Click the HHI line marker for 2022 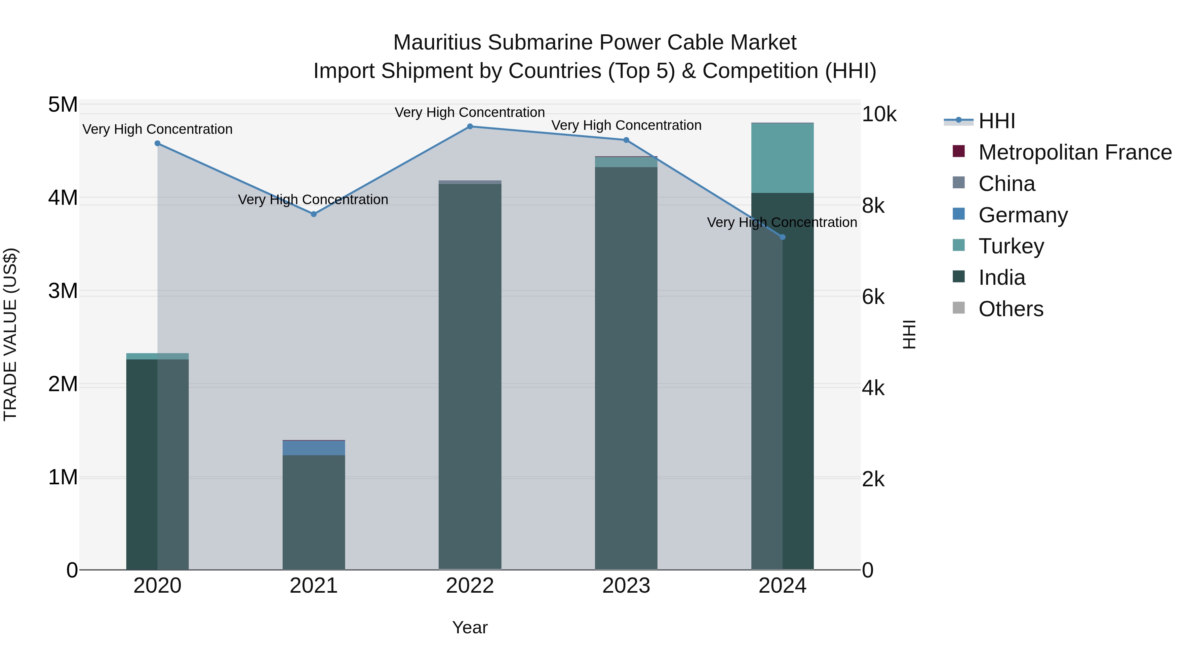470,127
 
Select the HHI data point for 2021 314,214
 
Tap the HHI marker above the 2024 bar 782,237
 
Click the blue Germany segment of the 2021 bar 314,448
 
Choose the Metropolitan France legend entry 1075,152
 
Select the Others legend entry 1011,309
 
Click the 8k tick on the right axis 873,206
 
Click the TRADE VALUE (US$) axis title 10,334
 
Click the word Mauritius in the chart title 437,43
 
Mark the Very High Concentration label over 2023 626,126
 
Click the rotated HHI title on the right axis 908,334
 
